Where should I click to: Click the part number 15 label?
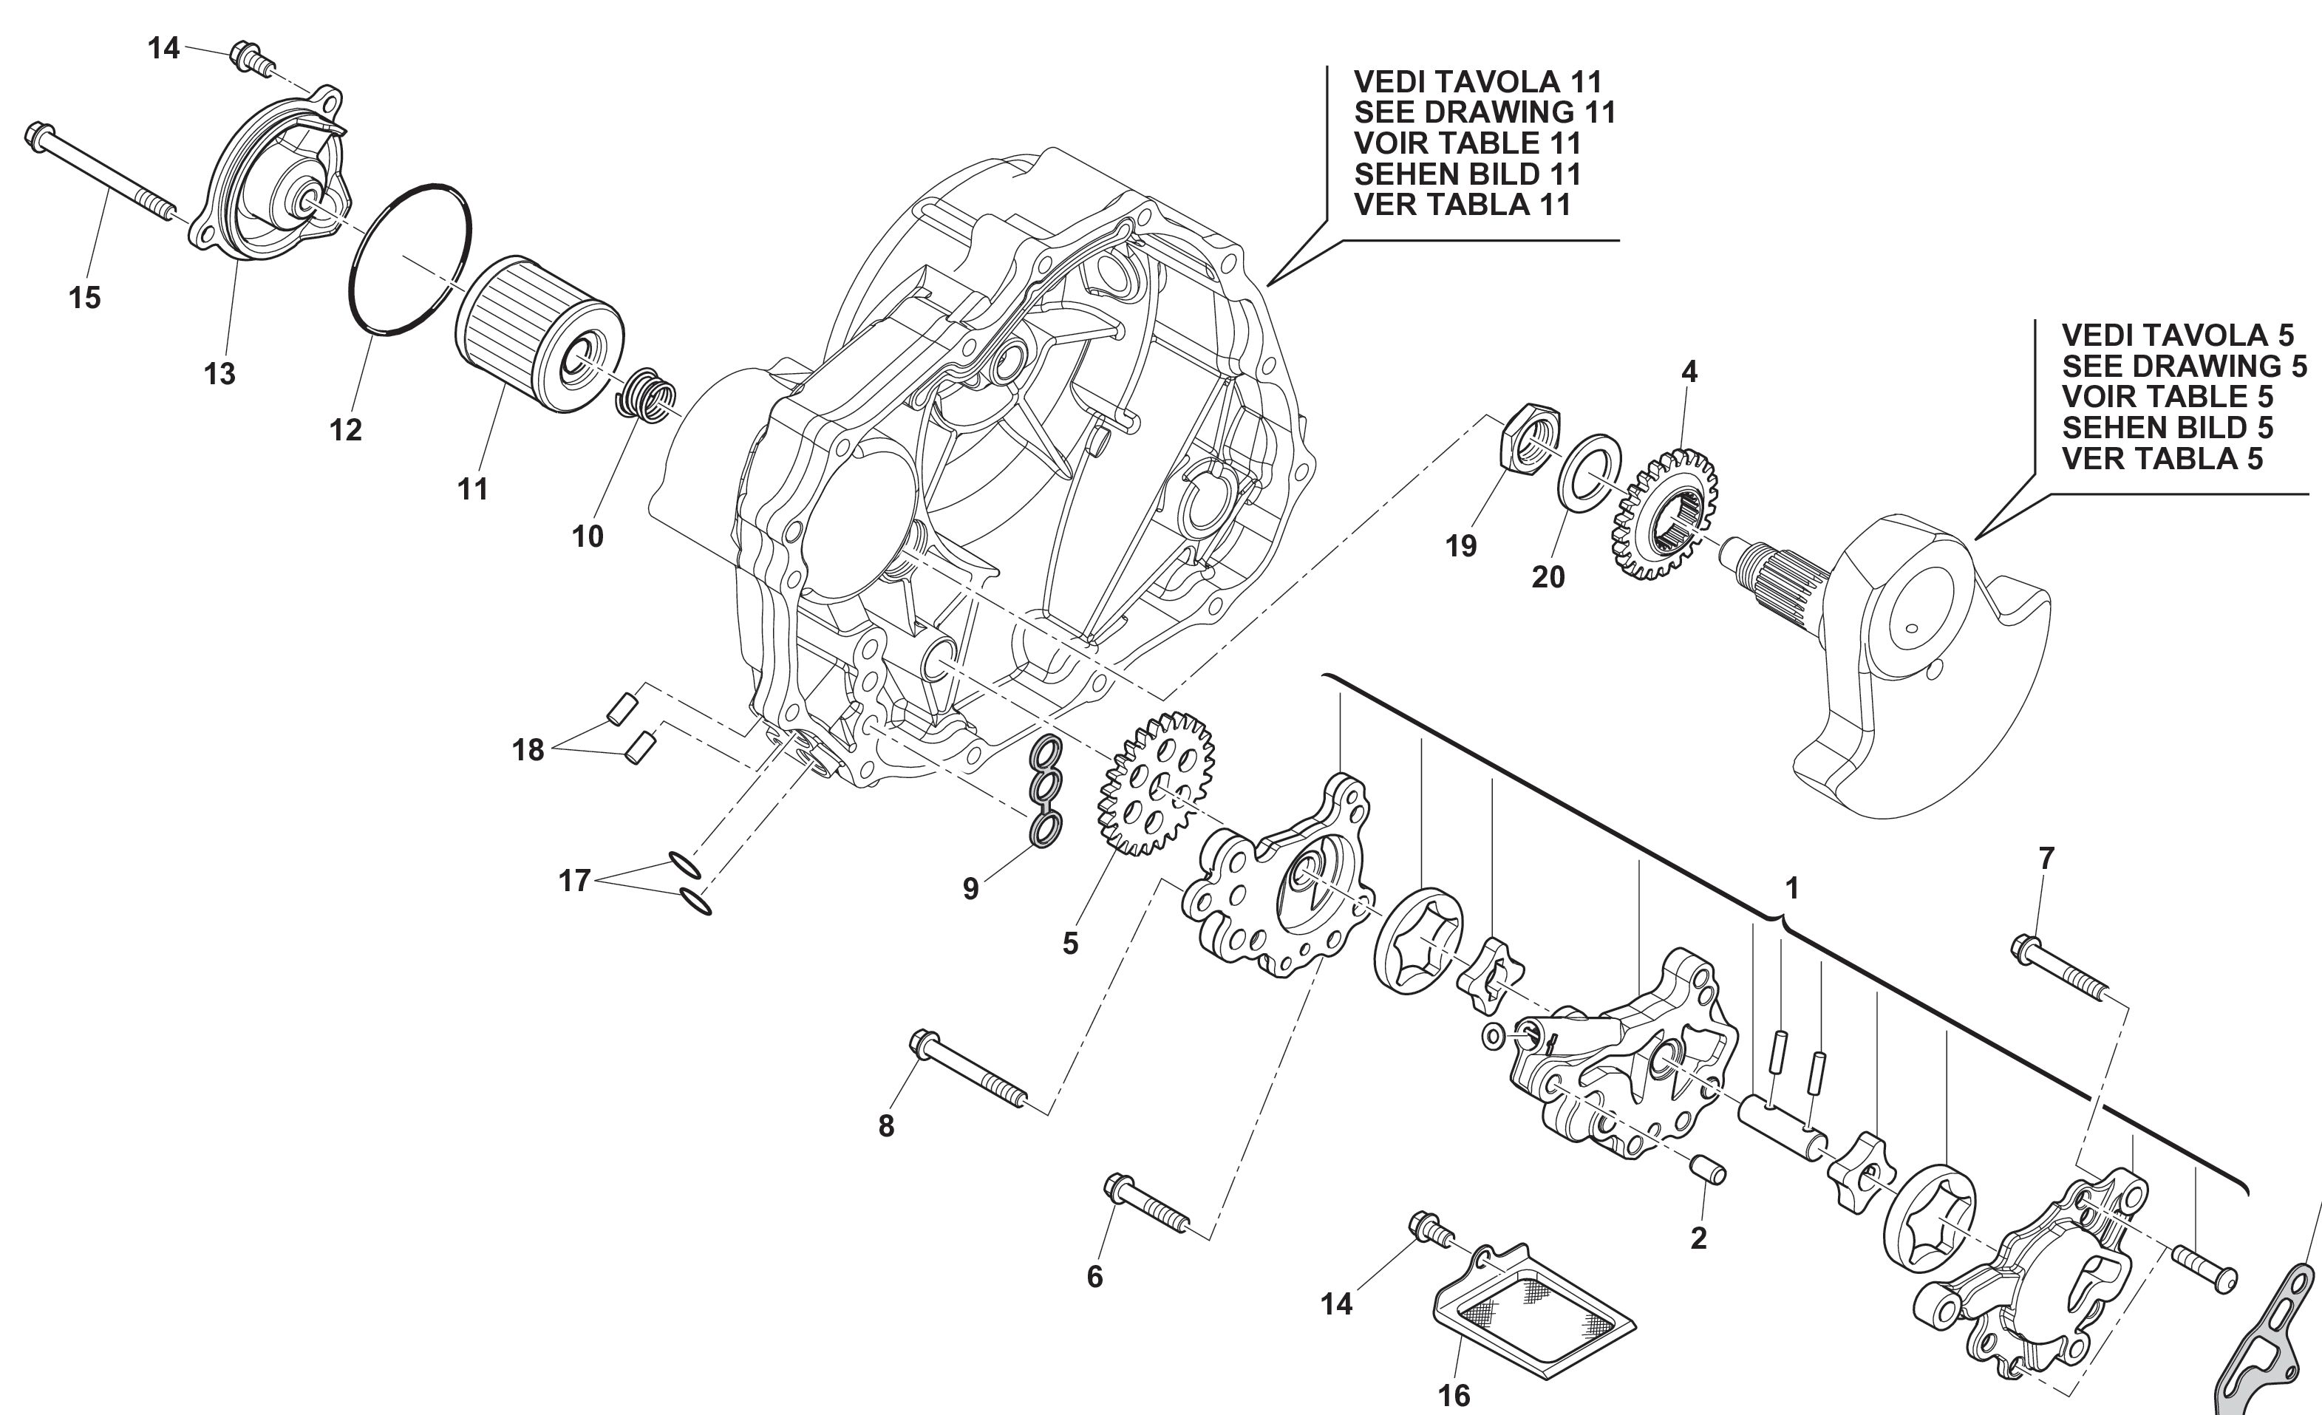coord(85,298)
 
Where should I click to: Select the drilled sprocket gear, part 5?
coord(1155,782)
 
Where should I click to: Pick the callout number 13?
coord(219,374)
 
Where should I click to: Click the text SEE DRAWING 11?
coord(1484,112)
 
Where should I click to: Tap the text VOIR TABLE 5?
coord(2168,397)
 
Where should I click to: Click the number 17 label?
coord(574,881)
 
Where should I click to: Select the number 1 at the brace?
coord(1791,887)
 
